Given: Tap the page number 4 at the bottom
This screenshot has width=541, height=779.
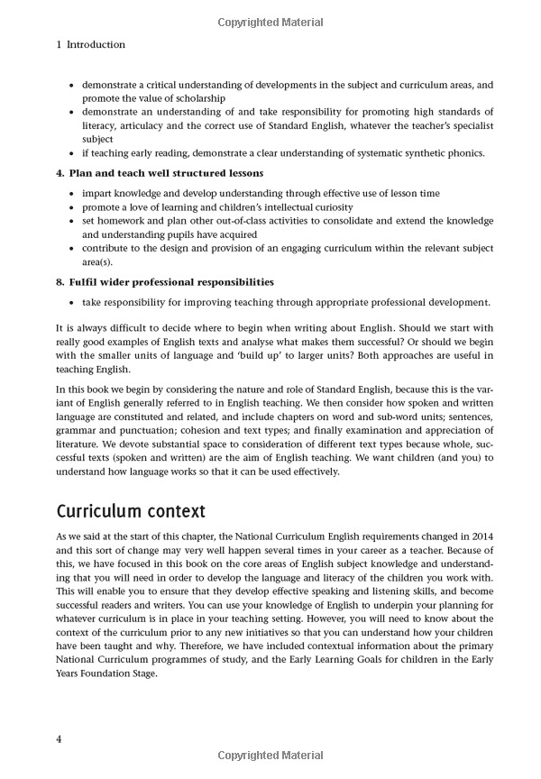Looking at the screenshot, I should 59,740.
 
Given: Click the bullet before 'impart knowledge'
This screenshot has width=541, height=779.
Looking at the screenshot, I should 72,193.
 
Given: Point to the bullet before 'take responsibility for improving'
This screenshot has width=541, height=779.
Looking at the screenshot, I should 72,303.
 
